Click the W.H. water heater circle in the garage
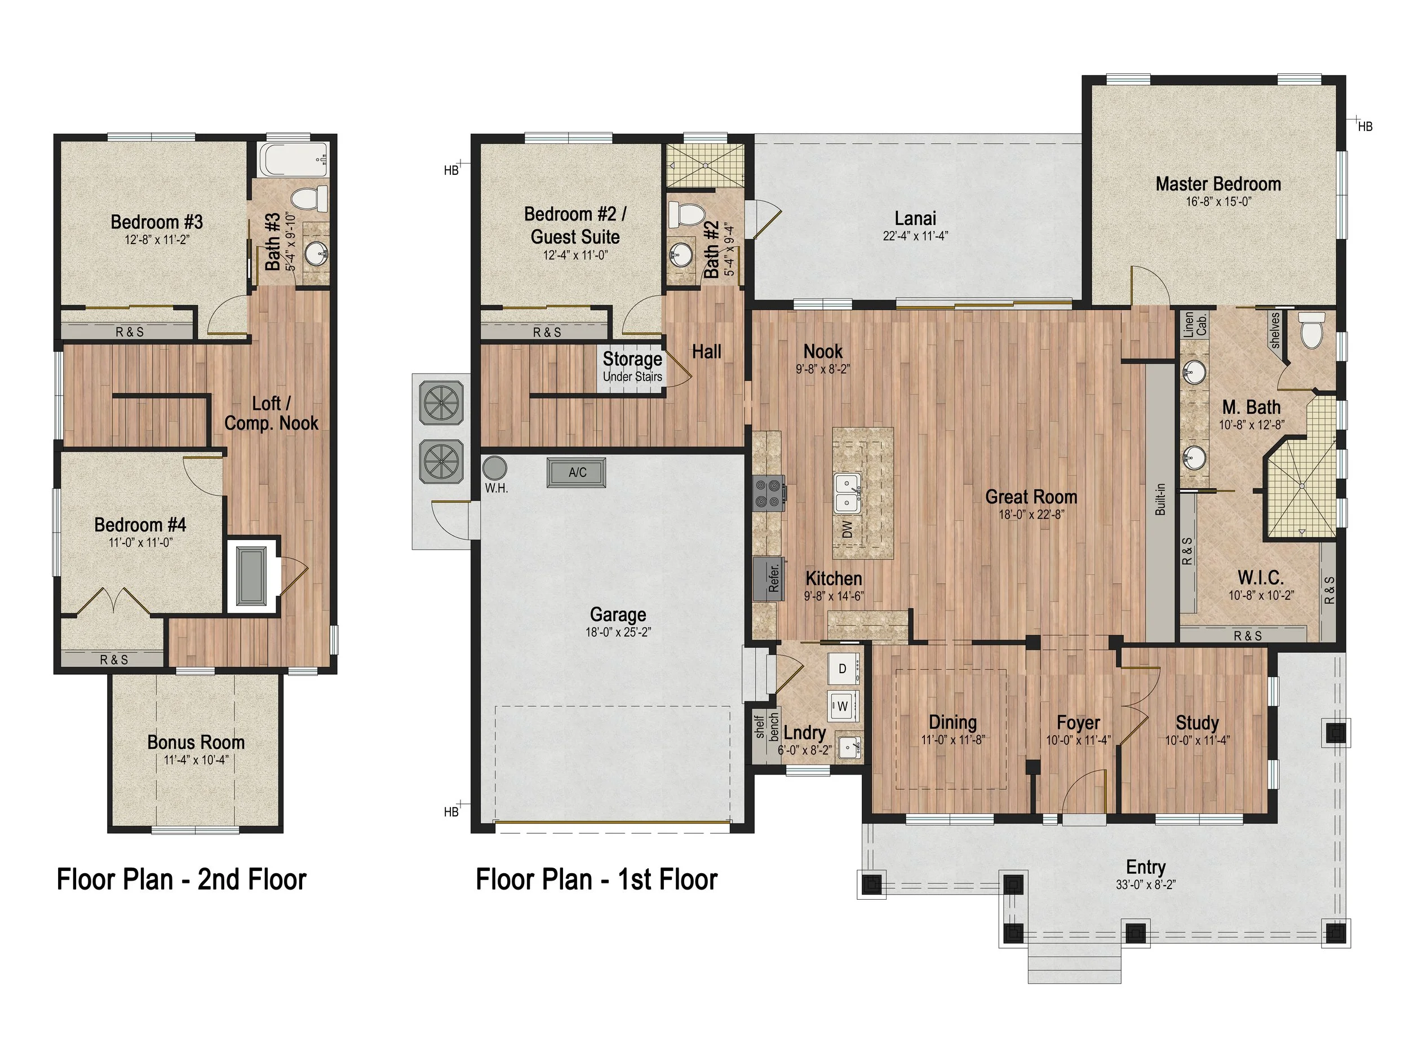pos(494,468)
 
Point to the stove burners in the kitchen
pos(768,494)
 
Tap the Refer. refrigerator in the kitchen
pos(768,578)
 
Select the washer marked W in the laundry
pos(843,706)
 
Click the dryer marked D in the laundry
pos(843,669)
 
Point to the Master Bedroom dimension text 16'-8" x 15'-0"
pos(1219,202)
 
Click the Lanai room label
pos(915,219)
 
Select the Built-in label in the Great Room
pos(1160,499)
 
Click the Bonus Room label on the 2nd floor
pos(196,742)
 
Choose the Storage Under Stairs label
pos(632,366)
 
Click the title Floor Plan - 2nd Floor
pos(181,880)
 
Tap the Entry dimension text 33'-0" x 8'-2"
pos(1145,885)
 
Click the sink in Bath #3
pos(316,254)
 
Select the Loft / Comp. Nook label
pos(271,413)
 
